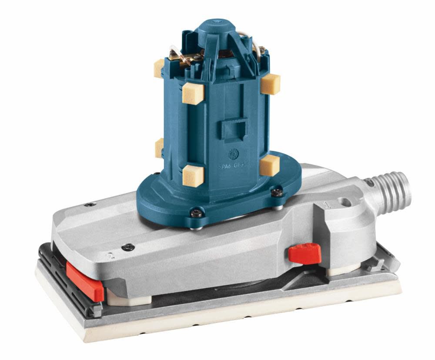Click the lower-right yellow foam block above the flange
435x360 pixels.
point(269,164)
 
